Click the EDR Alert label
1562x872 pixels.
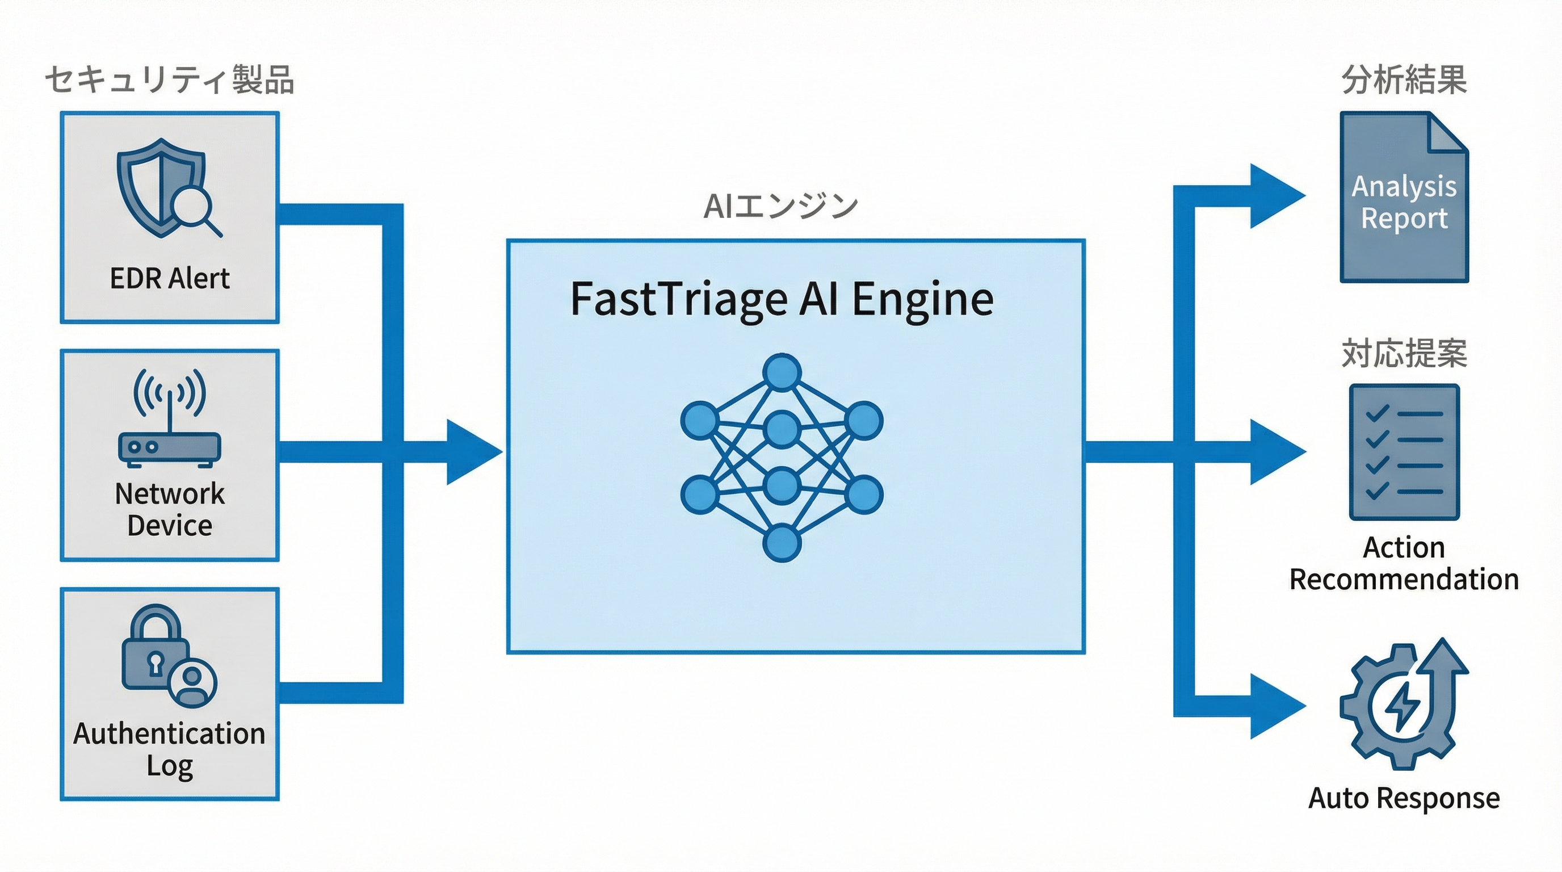click(x=169, y=278)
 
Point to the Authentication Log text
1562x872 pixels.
click(x=169, y=749)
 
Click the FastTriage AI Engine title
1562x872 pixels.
click(x=782, y=299)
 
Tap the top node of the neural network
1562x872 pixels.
click(x=782, y=372)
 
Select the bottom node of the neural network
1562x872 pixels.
click(x=782, y=543)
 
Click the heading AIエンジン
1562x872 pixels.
click(x=781, y=206)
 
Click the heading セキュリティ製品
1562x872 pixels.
click(x=170, y=80)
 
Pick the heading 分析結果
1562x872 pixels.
click(x=1404, y=80)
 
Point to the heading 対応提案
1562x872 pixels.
click(x=1404, y=353)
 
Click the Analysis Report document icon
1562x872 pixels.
click(x=1404, y=197)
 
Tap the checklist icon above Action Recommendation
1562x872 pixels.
click(x=1404, y=452)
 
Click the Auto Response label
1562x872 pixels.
click(x=1404, y=798)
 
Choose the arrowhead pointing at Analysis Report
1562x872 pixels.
click(x=1273, y=196)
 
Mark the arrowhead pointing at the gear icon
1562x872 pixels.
click(x=1273, y=706)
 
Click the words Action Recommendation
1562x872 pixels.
click(x=1404, y=563)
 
